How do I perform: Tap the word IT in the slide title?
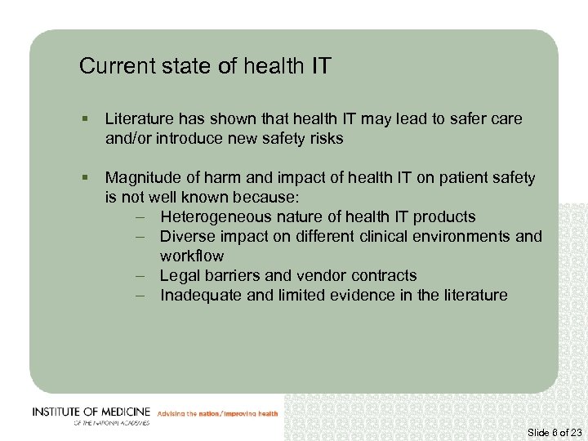[x=321, y=66]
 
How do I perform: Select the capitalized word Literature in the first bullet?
[x=138, y=119]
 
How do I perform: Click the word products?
[x=444, y=217]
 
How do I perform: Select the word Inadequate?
[x=201, y=296]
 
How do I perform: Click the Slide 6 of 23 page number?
[x=554, y=432]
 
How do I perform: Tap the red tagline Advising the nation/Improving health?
[x=217, y=414]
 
